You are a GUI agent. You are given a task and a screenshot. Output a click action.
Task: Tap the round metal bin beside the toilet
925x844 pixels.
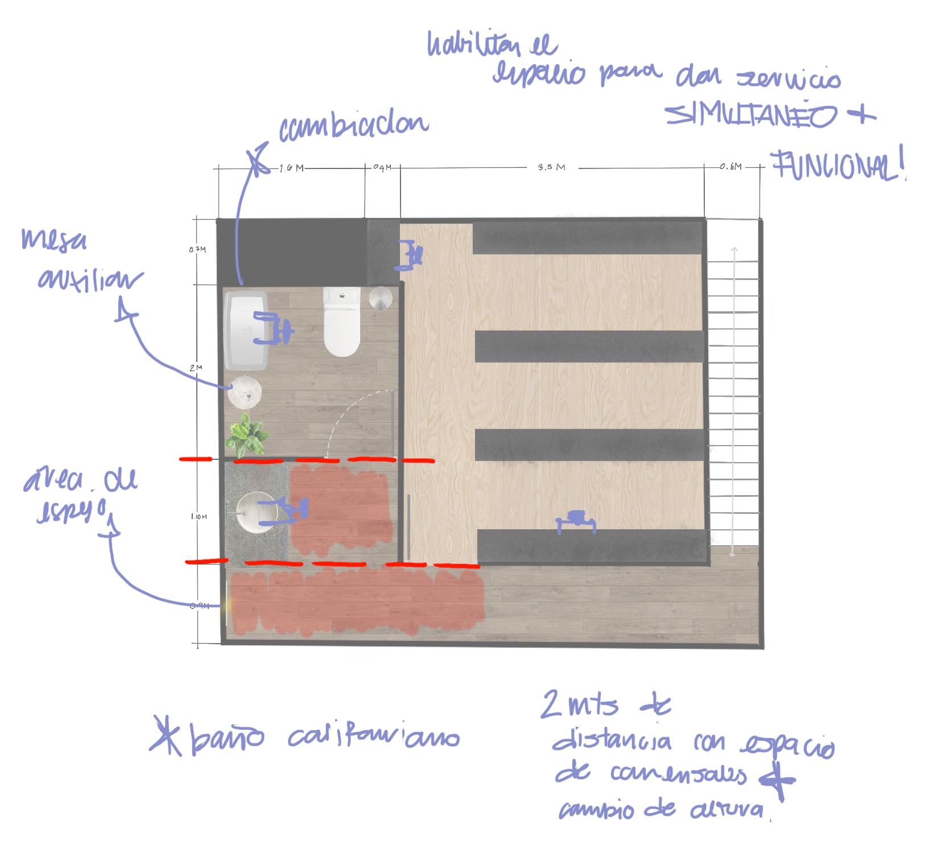click(380, 298)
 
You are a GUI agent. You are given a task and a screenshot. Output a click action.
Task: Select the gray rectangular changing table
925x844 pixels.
click(246, 330)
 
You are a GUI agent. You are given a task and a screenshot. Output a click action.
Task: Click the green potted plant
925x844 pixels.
click(247, 435)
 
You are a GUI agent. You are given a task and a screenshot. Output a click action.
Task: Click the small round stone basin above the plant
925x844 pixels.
click(245, 392)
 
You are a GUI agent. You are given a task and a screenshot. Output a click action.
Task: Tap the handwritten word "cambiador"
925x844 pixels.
click(353, 127)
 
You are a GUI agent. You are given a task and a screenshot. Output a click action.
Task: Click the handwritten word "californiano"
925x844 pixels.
click(373, 738)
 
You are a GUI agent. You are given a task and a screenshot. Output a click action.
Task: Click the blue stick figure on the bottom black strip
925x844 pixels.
click(576, 521)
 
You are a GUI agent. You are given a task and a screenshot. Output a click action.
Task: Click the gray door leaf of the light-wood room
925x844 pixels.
click(408, 526)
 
